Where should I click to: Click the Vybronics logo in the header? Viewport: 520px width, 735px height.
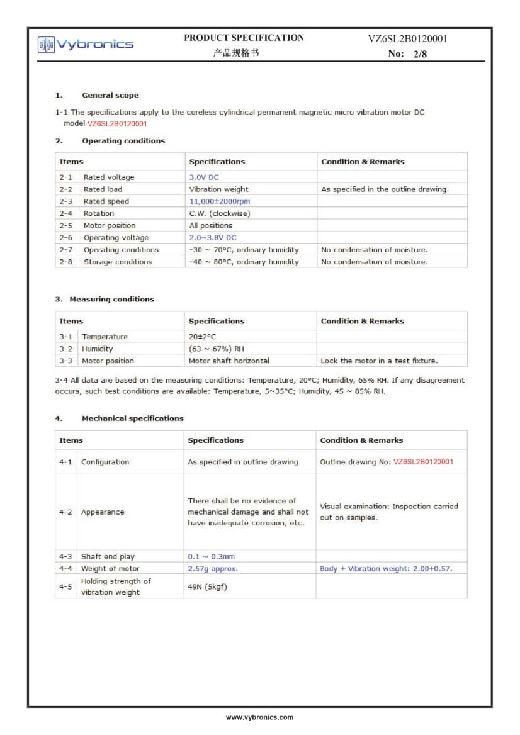click(86, 44)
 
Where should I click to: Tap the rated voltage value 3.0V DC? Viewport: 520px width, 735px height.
click(204, 177)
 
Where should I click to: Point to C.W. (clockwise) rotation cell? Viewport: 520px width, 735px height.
click(220, 213)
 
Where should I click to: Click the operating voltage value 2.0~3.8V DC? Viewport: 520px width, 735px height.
click(213, 238)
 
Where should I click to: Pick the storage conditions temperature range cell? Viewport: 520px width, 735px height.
click(244, 262)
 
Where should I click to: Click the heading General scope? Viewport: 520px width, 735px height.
click(110, 96)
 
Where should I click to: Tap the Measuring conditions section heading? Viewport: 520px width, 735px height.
click(111, 300)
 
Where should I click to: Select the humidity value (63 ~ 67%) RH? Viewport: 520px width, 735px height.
click(216, 349)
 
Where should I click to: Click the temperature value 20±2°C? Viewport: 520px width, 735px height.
click(202, 337)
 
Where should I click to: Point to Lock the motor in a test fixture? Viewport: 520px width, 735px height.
click(379, 361)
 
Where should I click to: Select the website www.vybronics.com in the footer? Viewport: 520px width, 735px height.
click(259, 717)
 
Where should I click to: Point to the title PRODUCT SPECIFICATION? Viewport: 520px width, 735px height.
click(244, 38)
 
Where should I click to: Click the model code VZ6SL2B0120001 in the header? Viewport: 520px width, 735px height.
click(407, 39)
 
